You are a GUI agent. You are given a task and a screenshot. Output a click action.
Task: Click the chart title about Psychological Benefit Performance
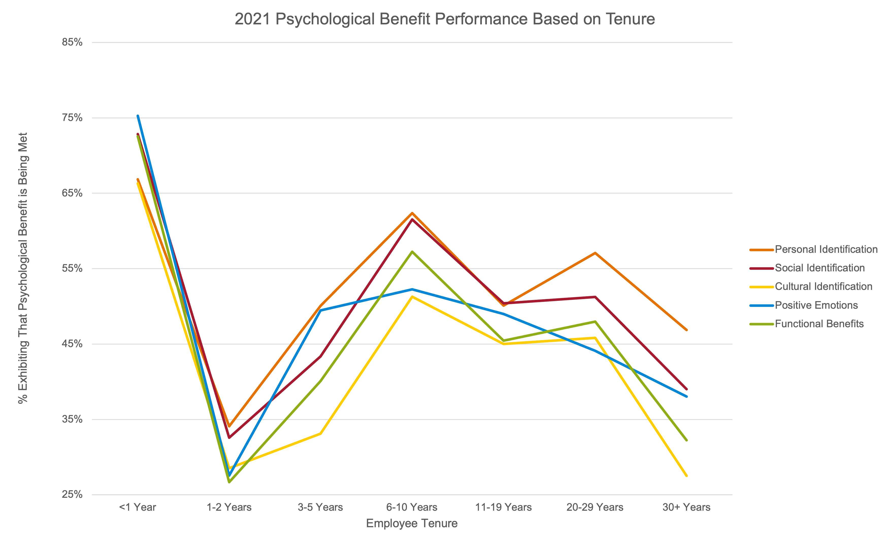pyautogui.click(x=444, y=19)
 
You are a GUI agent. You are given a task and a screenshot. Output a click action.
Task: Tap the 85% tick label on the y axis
pyautogui.click(x=72, y=42)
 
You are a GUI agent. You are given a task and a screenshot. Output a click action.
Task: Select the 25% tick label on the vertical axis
pyautogui.click(x=72, y=494)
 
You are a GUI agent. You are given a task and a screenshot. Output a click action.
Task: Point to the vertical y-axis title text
pyautogui.click(x=23, y=268)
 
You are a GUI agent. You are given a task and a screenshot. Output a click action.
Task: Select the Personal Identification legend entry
pyautogui.click(x=826, y=249)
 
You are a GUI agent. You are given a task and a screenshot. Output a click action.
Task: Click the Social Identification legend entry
pyautogui.click(x=819, y=268)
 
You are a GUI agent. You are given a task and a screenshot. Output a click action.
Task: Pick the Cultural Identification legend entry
pyautogui.click(x=823, y=287)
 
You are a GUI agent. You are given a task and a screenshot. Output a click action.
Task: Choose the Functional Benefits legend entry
pyautogui.click(x=819, y=323)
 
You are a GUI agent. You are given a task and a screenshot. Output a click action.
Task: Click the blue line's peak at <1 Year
pyautogui.click(x=138, y=116)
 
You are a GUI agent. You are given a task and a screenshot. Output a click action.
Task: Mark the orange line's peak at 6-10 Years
pyautogui.click(x=412, y=213)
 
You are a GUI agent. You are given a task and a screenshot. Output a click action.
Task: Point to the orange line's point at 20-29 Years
pyautogui.click(x=595, y=253)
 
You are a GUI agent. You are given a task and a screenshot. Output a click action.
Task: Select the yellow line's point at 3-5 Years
pyautogui.click(x=320, y=433)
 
